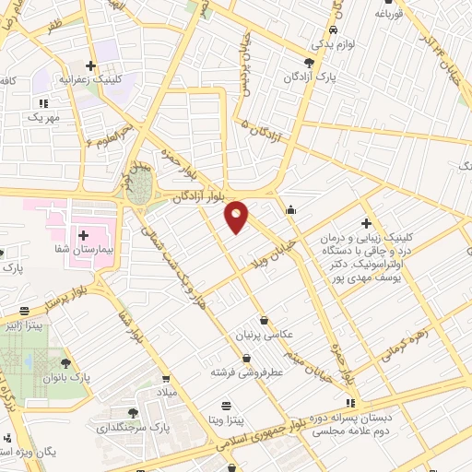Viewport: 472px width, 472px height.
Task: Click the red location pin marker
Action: tap(237, 216)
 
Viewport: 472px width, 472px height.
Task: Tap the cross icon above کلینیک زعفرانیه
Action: tap(89, 65)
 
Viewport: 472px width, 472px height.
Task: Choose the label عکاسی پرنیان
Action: tap(265, 336)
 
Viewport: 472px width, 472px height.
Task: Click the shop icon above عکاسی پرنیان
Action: tap(265, 321)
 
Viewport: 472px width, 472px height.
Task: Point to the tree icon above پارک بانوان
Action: tap(65, 363)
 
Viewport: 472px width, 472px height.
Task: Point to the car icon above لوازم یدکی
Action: tap(319, 29)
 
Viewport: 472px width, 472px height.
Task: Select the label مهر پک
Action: tap(41, 117)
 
